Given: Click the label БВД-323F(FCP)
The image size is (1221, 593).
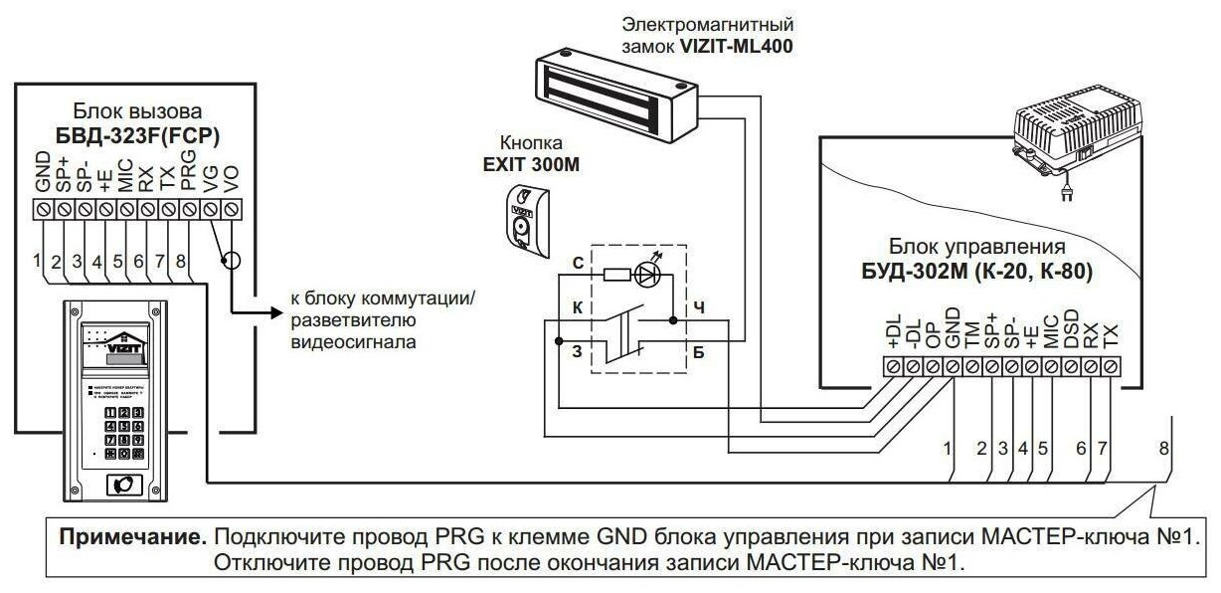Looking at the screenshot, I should [144, 134].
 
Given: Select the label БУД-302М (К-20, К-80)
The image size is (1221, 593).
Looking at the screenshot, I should [979, 271].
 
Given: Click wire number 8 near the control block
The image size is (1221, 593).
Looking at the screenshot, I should [1163, 448].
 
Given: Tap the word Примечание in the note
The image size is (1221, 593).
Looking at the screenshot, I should [133, 537].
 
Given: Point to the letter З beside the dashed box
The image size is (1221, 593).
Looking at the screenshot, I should [577, 351].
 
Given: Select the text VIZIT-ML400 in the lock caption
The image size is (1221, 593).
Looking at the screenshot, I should [737, 46].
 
